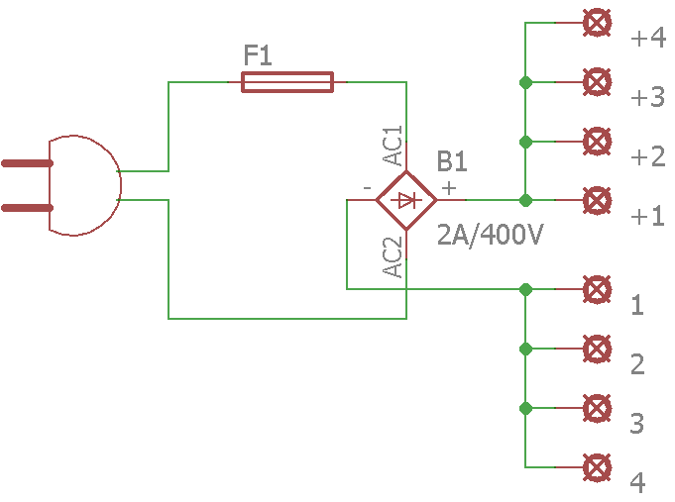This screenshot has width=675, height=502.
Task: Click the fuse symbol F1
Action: [x=287, y=82]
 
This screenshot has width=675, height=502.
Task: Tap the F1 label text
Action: [x=258, y=55]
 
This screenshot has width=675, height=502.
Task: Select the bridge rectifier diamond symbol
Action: [x=406, y=200]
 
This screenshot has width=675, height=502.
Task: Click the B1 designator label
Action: [x=452, y=161]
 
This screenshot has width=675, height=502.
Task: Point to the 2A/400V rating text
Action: [x=491, y=235]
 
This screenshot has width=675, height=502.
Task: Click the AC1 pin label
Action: [x=393, y=146]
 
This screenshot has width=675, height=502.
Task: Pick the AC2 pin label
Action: [x=393, y=257]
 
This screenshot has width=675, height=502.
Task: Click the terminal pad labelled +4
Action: [x=597, y=23]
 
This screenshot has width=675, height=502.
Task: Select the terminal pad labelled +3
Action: [x=597, y=82]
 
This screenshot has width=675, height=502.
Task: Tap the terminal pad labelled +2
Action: [x=597, y=141]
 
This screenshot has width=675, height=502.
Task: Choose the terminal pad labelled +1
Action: [x=597, y=200]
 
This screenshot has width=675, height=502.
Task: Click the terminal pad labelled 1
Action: [x=597, y=289]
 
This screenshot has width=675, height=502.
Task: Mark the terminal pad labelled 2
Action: [x=597, y=349]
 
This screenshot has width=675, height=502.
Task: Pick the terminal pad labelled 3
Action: [x=597, y=408]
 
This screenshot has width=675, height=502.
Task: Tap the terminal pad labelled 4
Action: [x=597, y=467]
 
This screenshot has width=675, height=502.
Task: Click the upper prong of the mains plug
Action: [x=27, y=163]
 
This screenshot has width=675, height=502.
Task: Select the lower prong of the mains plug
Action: [x=27, y=208]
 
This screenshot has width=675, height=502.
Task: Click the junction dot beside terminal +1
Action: [x=525, y=200]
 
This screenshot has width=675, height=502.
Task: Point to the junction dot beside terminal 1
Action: [x=525, y=289]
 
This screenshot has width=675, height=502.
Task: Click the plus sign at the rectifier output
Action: [x=449, y=188]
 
